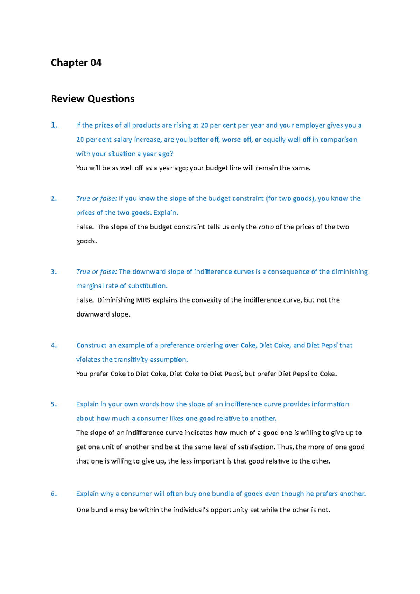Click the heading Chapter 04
click(x=76, y=63)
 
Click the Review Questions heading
click(x=93, y=99)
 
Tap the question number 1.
click(x=54, y=125)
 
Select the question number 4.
click(x=54, y=345)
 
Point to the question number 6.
click(x=54, y=494)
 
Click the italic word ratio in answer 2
click(x=266, y=227)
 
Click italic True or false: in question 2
click(x=97, y=199)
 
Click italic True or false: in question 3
click(x=97, y=272)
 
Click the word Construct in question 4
click(x=91, y=345)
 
